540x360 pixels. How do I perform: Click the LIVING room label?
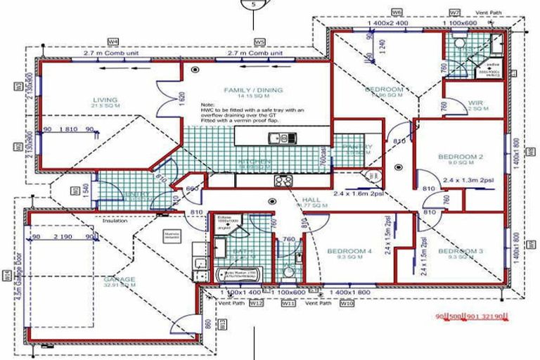(x=105, y=100)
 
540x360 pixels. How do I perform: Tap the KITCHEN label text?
(x=255, y=162)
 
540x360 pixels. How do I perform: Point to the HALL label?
(x=311, y=200)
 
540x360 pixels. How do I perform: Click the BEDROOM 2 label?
(x=461, y=156)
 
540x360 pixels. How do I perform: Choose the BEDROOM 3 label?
(x=461, y=251)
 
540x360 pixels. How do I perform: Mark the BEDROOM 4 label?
(x=349, y=251)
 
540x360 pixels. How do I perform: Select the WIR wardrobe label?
(x=476, y=103)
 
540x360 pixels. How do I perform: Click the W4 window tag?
(x=112, y=42)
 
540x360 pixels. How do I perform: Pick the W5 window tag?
(x=259, y=42)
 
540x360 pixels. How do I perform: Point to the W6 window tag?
(x=397, y=13)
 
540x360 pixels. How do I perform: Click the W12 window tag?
(x=256, y=304)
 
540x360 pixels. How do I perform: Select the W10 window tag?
(x=346, y=304)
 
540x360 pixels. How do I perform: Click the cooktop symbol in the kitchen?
(x=284, y=180)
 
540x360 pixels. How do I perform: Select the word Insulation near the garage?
(x=117, y=220)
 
